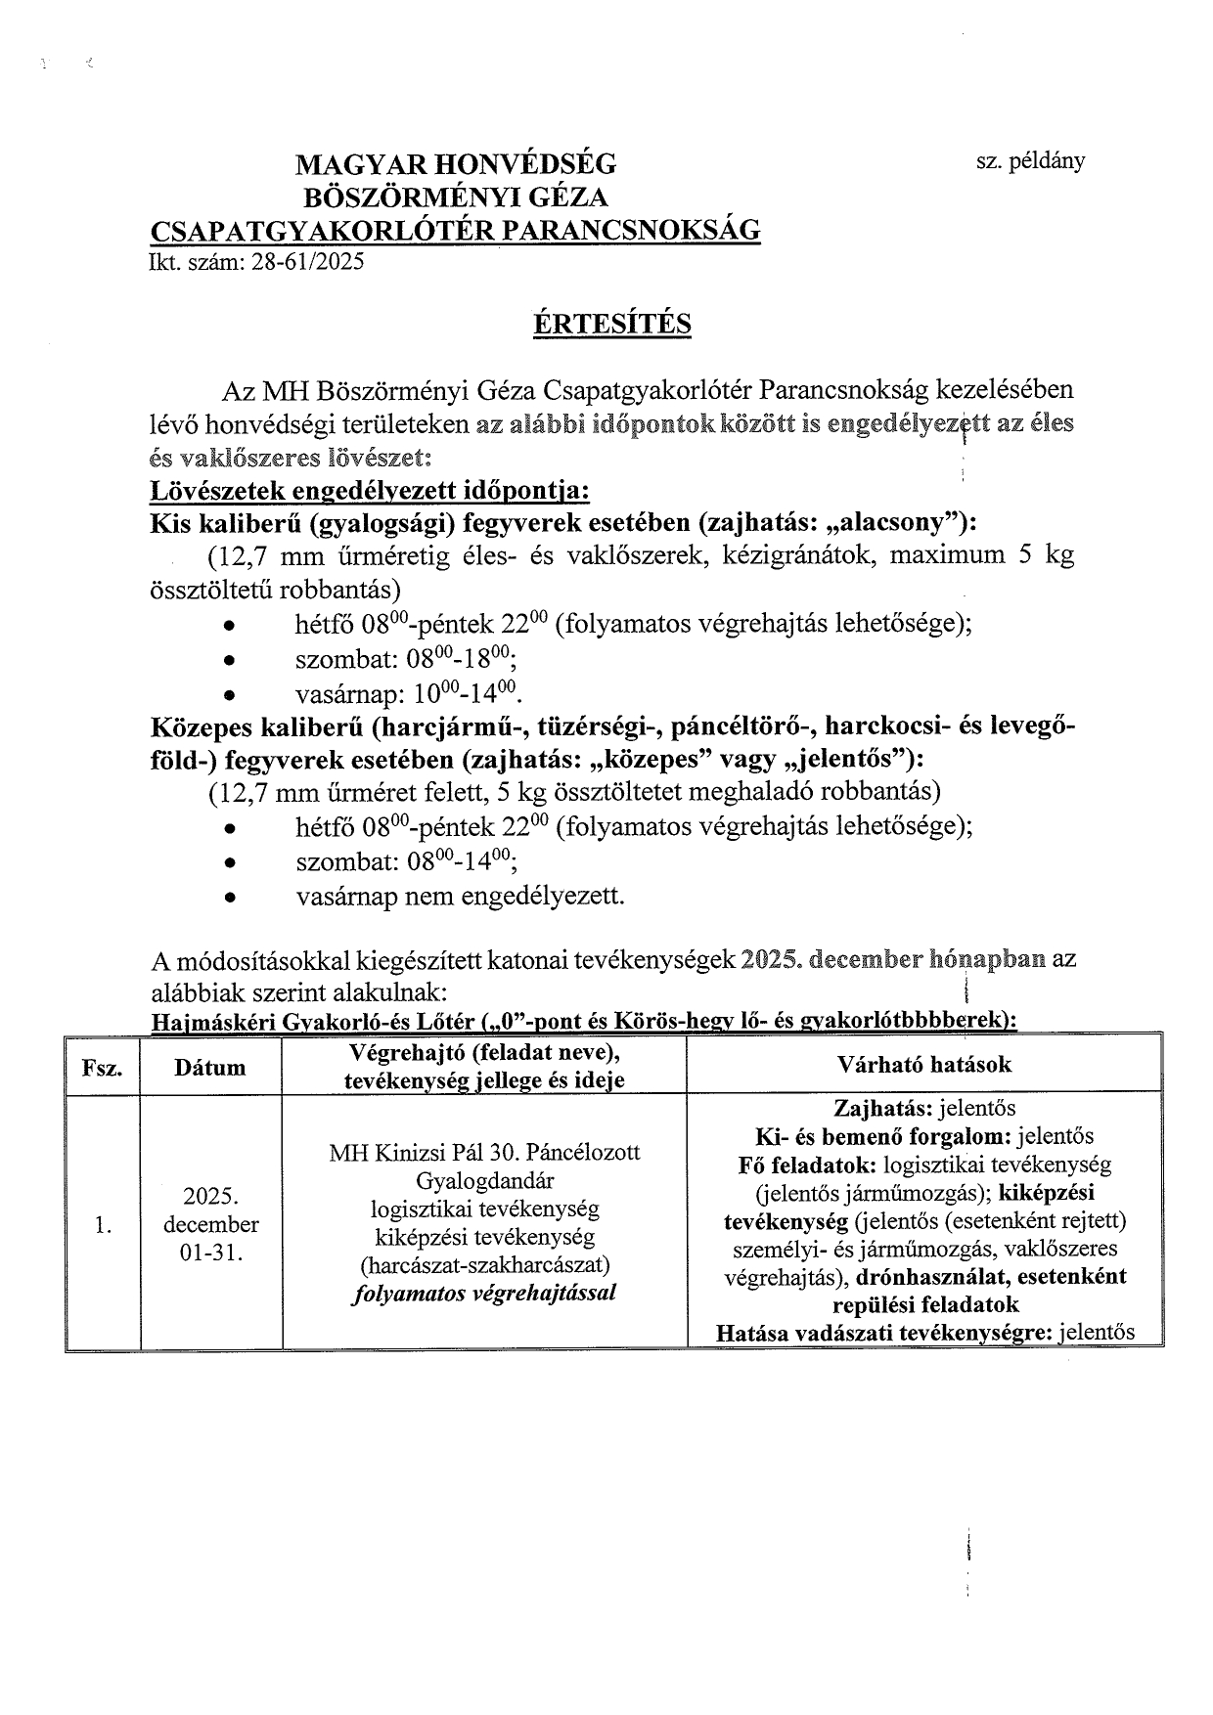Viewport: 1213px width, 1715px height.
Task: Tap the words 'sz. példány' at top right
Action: tap(1030, 161)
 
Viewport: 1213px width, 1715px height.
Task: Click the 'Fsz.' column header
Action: tap(103, 1068)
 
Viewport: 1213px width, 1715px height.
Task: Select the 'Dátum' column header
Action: tap(210, 1068)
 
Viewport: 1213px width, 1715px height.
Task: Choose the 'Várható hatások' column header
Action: tap(924, 1064)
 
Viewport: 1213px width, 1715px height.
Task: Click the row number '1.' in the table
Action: tap(103, 1225)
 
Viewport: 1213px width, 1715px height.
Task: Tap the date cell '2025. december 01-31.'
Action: tap(210, 1225)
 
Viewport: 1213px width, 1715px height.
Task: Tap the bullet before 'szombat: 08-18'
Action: tap(229, 661)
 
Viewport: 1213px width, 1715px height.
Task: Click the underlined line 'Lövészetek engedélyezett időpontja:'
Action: tap(369, 490)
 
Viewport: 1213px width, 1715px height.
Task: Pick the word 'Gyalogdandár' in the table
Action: tap(484, 1180)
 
